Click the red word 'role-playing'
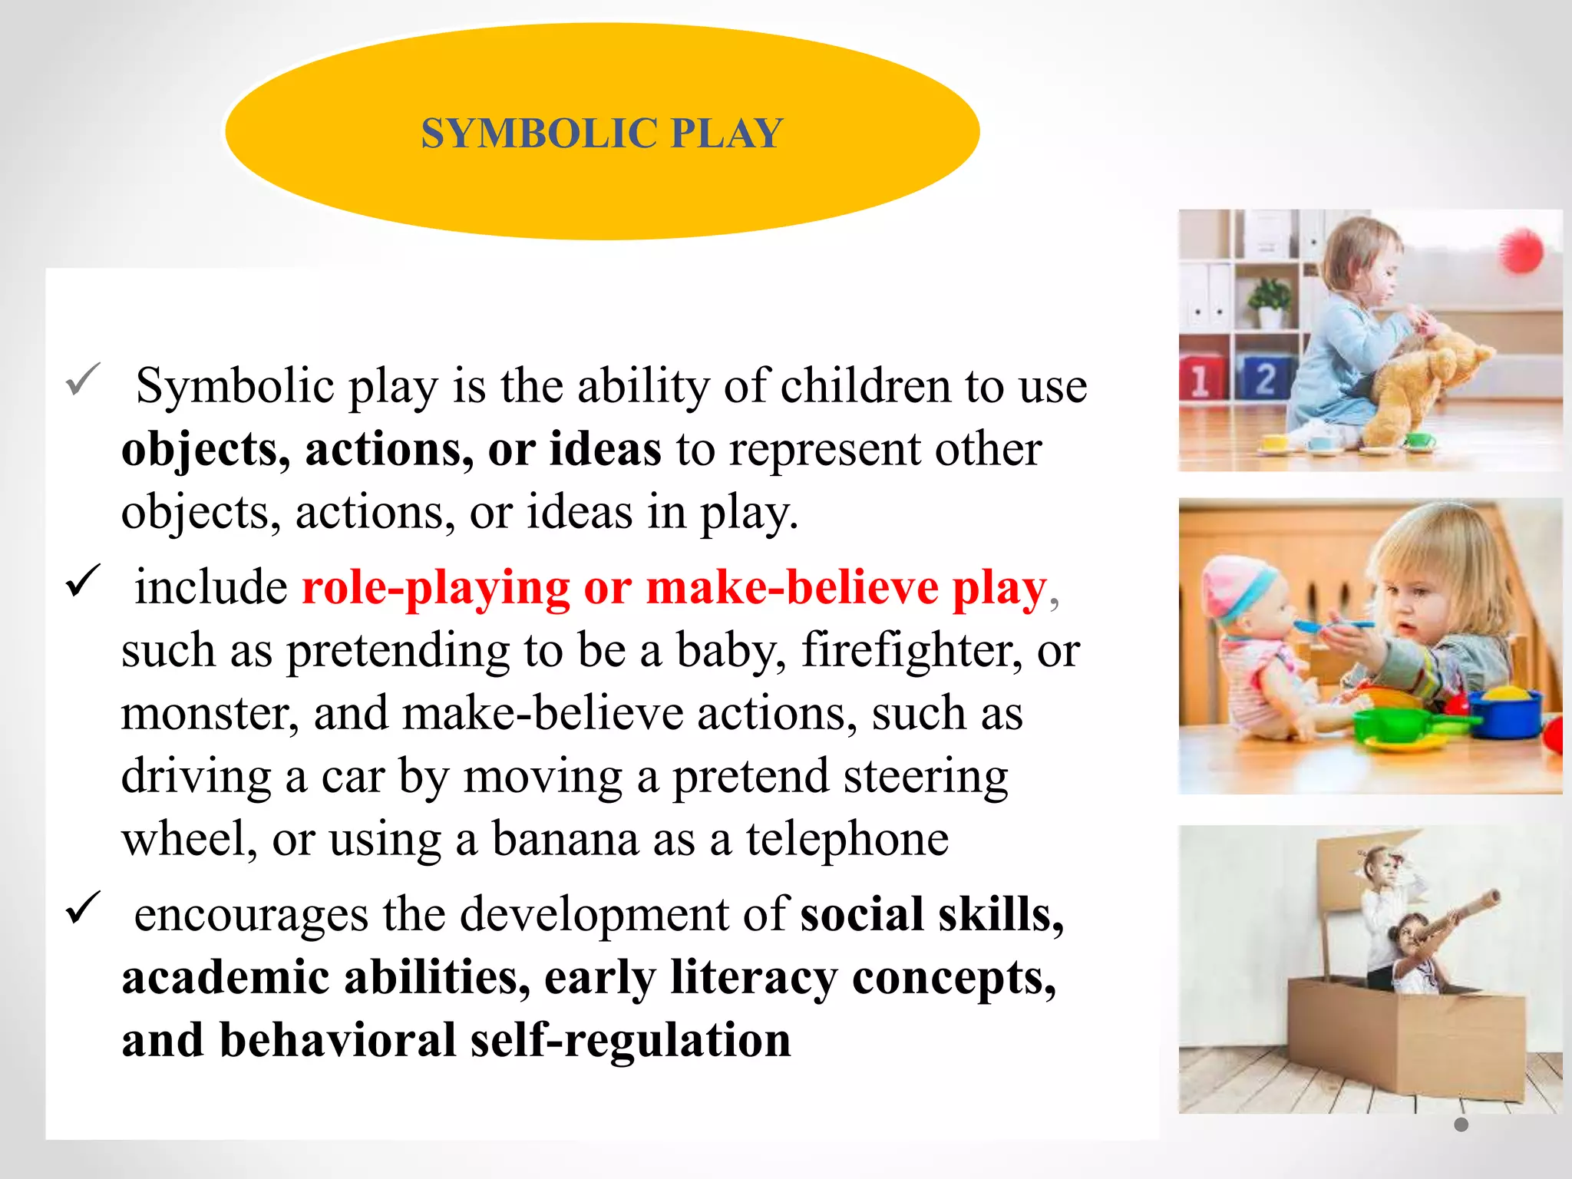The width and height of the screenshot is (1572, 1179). point(435,588)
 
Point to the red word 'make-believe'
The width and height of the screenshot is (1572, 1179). point(792,588)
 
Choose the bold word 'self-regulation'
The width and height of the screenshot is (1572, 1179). point(630,1041)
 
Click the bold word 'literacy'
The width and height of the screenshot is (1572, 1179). point(754,978)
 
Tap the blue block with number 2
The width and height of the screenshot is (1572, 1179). point(1264,378)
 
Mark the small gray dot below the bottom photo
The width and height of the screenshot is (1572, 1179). point(1461,1125)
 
